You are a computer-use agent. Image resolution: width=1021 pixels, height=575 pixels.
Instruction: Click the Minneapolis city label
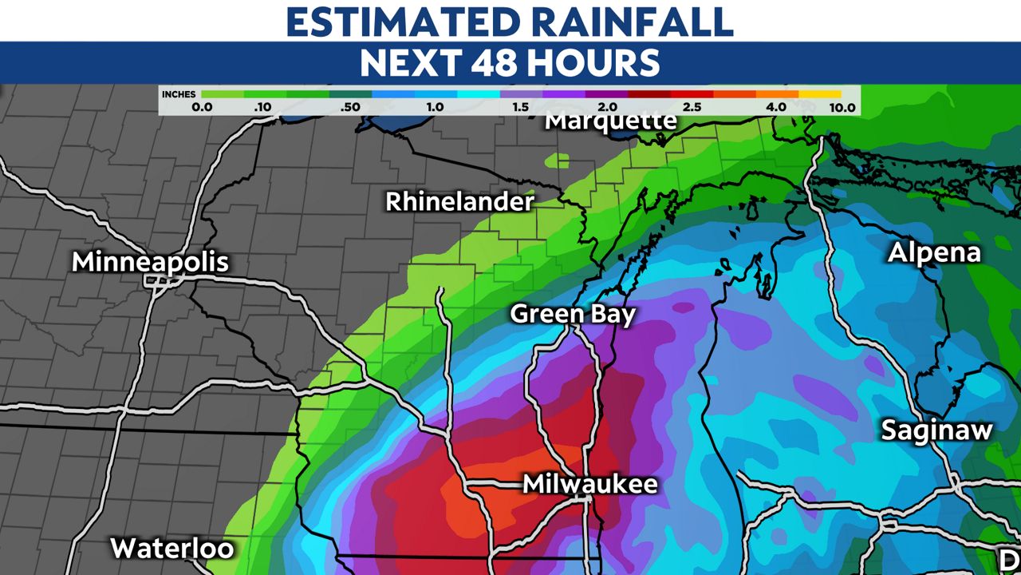pyautogui.click(x=150, y=262)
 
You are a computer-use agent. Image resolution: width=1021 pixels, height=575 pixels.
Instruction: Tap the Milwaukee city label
pyautogui.click(x=590, y=484)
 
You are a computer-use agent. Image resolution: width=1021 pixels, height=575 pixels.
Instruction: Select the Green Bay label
pyautogui.click(x=573, y=314)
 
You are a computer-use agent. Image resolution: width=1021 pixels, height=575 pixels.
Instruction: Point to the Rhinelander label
pyautogui.click(x=459, y=202)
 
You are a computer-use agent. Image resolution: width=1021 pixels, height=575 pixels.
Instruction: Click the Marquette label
pyautogui.click(x=611, y=121)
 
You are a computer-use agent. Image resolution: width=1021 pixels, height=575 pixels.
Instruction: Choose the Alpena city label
pyautogui.click(x=934, y=253)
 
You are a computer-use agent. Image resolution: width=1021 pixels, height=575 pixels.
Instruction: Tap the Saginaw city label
pyautogui.click(x=936, y=430)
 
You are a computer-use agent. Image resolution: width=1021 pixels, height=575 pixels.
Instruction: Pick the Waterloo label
pyautogui.click(x=172, y=549)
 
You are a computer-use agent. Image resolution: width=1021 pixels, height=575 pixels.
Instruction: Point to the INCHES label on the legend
pyautogui.click(x=178, y=94)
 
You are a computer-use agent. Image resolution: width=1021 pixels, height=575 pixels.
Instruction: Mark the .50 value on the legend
pyautogui.click(x=349, y=107)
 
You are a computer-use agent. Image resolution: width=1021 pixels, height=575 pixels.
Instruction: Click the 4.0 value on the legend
pyautogui.click(x=775, y=107)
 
